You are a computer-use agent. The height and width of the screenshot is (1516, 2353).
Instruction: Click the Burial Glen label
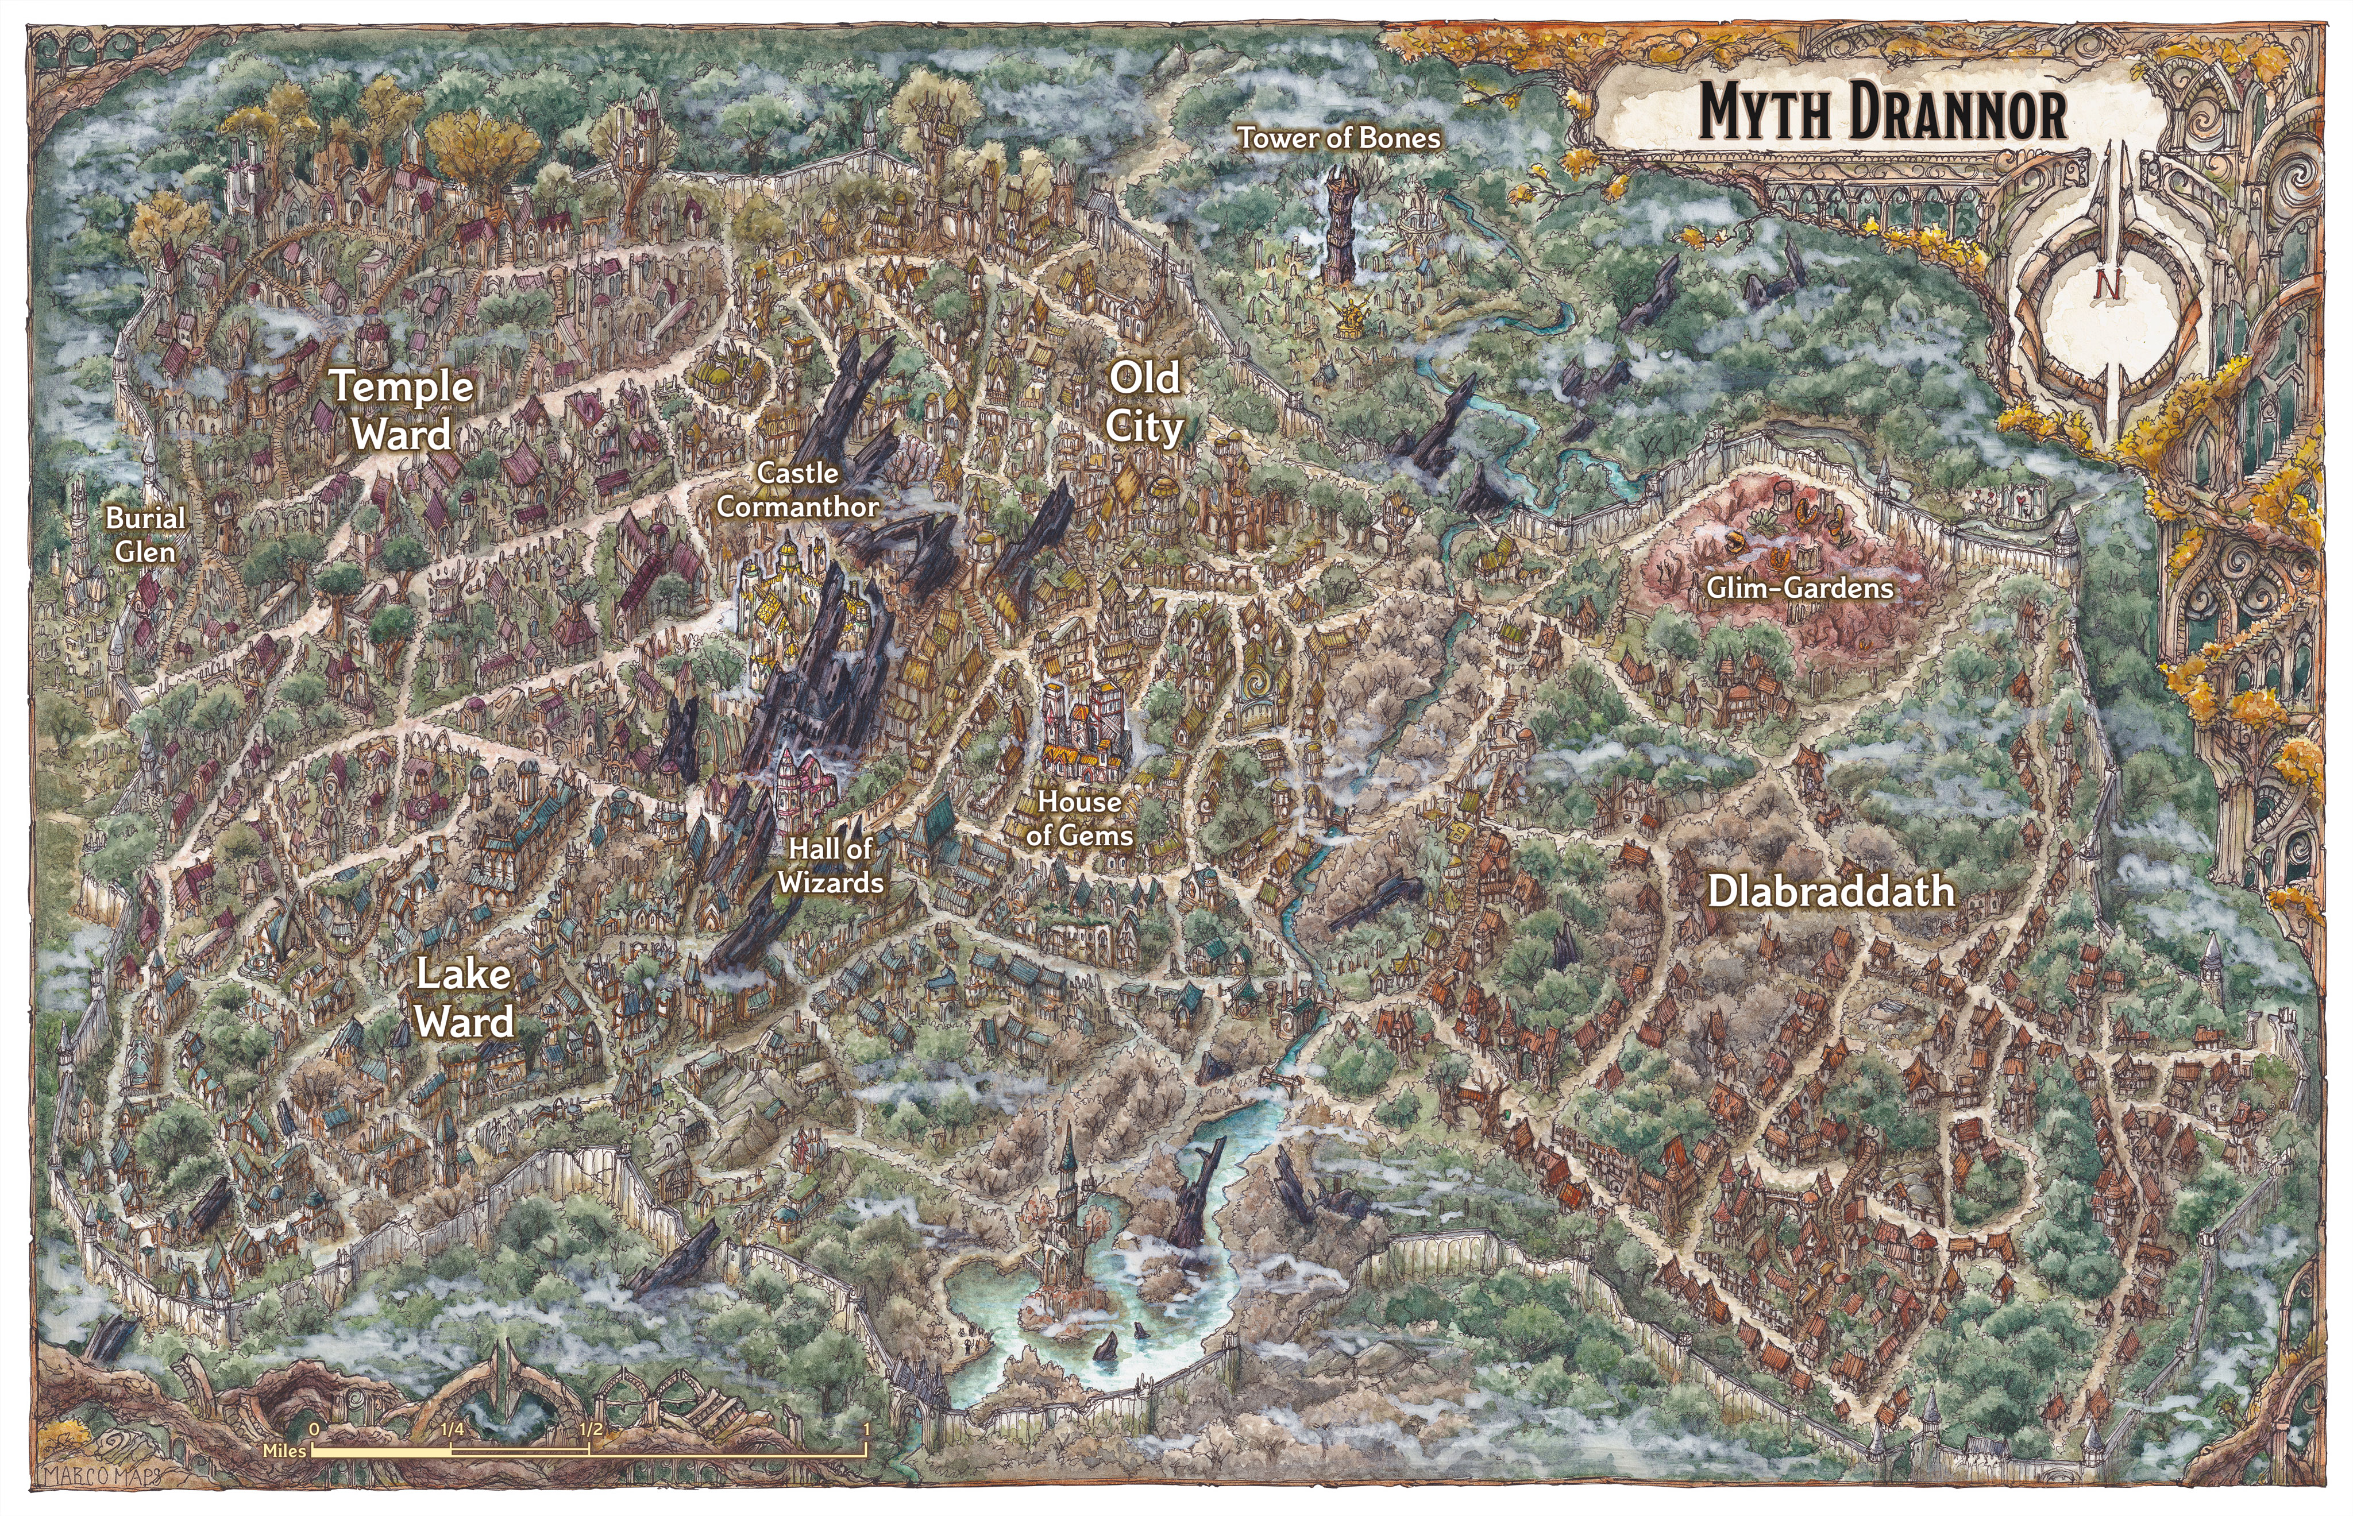tap(146, 535)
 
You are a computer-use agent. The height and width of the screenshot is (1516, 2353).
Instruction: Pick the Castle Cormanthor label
tap(797, 489)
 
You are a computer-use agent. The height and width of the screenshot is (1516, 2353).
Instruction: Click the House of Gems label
tap(1079, 818)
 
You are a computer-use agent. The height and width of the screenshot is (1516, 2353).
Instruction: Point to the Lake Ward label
tap(464, 997)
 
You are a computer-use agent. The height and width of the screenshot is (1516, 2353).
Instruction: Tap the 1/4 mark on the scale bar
tap(452, 1429)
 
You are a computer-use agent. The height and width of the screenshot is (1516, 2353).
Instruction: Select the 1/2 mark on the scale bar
tap(590, 1429)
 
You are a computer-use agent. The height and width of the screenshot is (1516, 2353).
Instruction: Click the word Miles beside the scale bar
tap(284, 1450)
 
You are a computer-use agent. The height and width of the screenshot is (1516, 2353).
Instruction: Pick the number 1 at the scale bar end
tap(865, 1429)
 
